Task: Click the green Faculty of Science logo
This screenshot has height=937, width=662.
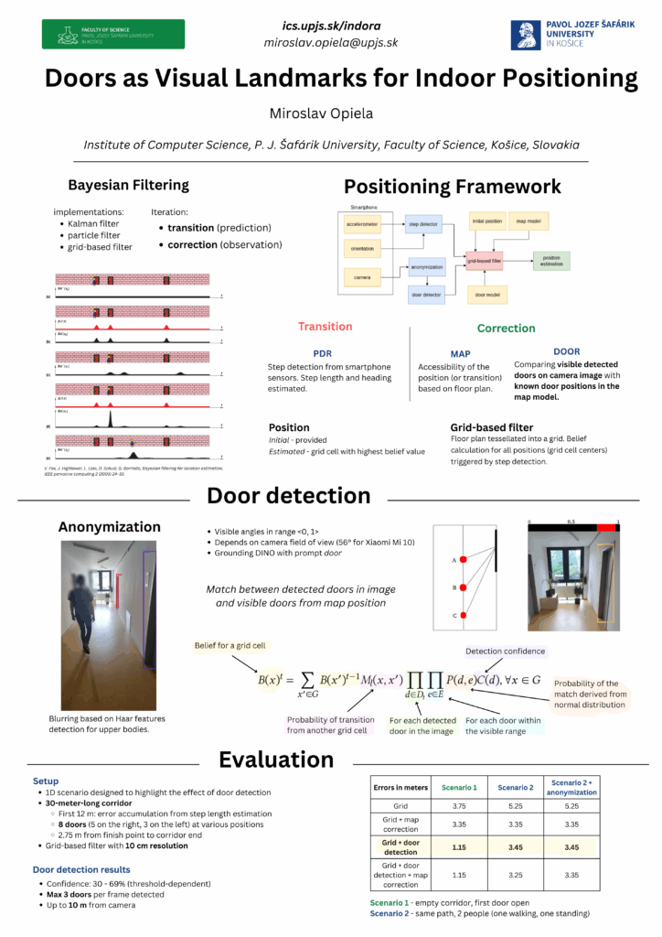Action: (112, 34)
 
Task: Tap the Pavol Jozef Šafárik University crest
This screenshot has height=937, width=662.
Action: (526, 34)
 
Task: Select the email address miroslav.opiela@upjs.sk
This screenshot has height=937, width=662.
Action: (331, 42)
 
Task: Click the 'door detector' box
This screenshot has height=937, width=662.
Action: (426, 294)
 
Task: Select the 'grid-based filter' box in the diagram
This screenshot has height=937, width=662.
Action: (484, 261)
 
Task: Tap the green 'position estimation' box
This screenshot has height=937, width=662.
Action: (550, 261)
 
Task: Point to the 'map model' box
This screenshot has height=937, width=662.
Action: (528, 221)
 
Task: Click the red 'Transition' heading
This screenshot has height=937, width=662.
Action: (325, 327)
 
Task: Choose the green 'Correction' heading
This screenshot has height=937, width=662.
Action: (506, 328)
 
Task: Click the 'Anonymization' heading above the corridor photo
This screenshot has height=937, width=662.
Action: (109, 526)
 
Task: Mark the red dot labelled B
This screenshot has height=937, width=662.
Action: (464, 588)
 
